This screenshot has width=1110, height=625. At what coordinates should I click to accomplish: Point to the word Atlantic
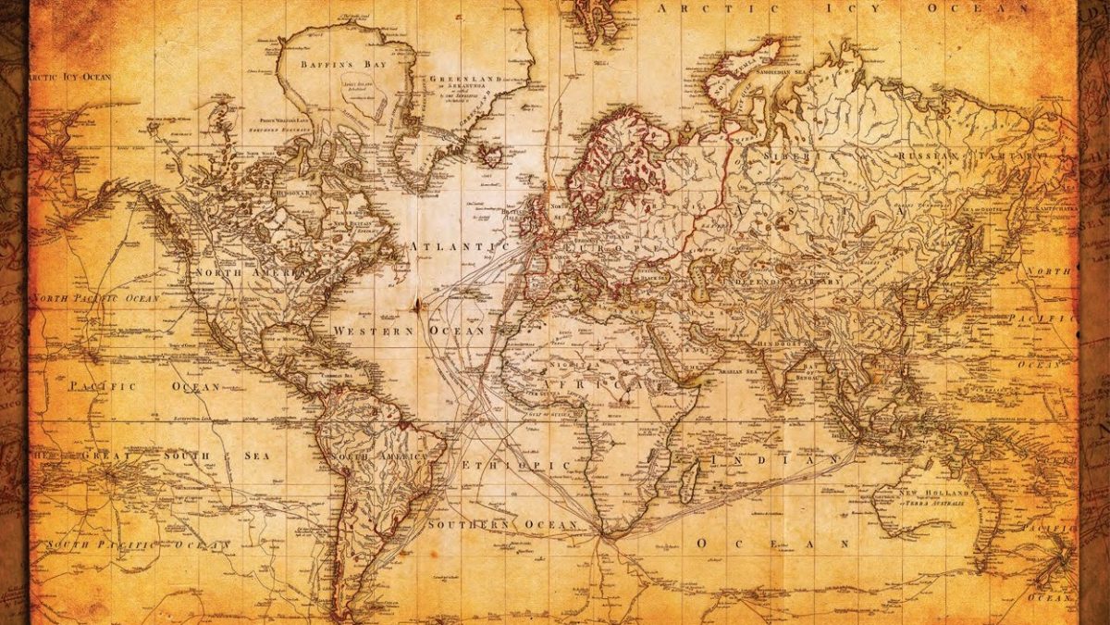click(456, 246)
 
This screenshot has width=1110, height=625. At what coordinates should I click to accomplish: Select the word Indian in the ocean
click(771, 460)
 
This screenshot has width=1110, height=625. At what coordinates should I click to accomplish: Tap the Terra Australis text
click(934, 504)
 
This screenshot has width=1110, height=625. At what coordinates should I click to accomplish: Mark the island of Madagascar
click(689, 479)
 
